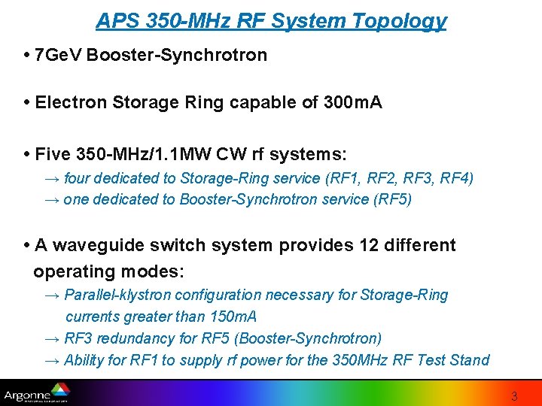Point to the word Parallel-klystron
(x=120, y=295)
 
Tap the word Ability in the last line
(x=84, y=360)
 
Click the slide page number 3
(x=514, y=395)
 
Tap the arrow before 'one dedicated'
(x=53, y=199)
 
